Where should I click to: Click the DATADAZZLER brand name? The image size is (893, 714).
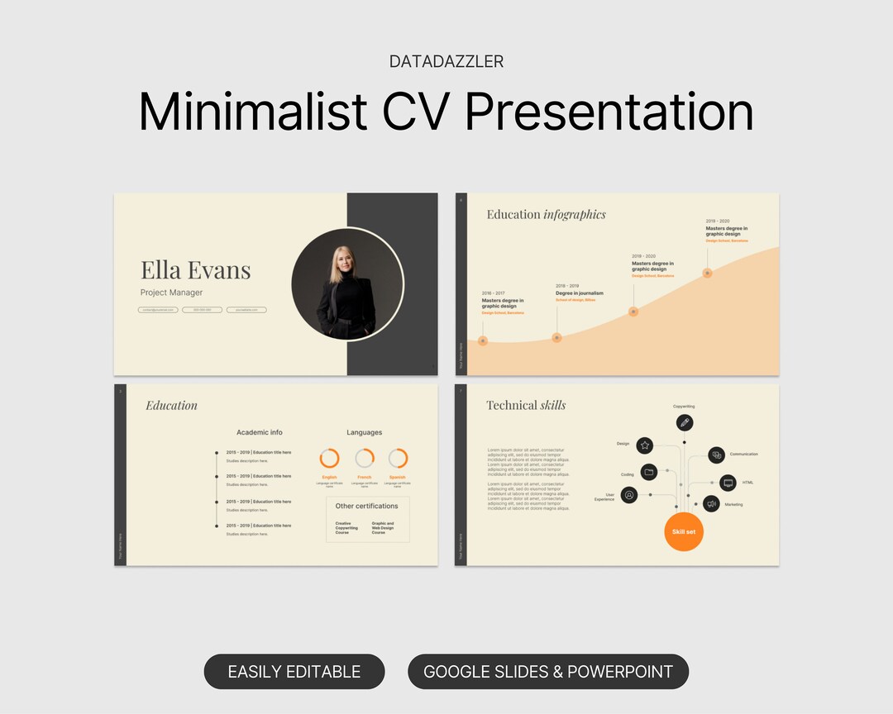coord(446,62)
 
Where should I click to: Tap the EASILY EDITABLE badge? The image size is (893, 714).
coord(294,672)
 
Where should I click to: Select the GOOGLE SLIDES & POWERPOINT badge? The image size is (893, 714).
coord(547,672)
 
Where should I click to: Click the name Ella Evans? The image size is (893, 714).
coord(195,269)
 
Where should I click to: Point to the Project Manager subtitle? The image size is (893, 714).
coord(171,293)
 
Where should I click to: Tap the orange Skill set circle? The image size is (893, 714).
coord(684,532)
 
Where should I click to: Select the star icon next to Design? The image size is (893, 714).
coord(645,445)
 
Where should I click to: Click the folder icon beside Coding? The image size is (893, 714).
coord(649,473)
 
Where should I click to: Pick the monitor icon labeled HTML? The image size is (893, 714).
coord(728,483)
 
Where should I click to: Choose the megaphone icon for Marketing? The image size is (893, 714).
coord(711,503)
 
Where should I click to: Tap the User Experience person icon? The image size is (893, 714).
coord(629,495)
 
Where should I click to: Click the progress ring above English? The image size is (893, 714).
coord(329,458)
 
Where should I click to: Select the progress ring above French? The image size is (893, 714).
coord(364,458)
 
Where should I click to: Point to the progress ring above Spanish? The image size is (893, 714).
coord(398,458)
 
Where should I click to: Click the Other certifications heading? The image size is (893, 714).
coord(366,506)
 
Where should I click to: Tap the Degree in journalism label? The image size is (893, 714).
coord(579,293)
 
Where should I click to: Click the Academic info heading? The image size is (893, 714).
coord(259,432)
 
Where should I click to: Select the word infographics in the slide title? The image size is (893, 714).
coord(574,215)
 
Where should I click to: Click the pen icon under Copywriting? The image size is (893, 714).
coord(684,423)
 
